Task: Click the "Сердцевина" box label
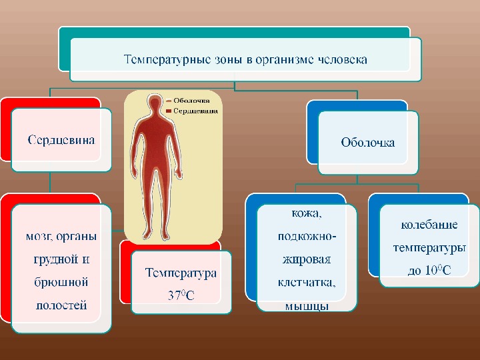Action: click(x=61, y=139)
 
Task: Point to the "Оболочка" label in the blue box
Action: click(x=367, y=142)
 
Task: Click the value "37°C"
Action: click(x=181, y=294)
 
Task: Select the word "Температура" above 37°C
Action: click(x=181, y=273)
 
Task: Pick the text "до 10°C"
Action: click(x=429, y=271)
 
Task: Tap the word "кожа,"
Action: click(x=307, y=214)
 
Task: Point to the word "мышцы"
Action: click(x=307, y=306)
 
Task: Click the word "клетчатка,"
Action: click(x=307, y=282)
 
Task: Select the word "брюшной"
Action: click(x=61, y=282)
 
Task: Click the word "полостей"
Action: click(x=61, y=305)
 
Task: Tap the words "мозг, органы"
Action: click(x=61, y=236)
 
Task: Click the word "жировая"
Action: click(x=307, y=259)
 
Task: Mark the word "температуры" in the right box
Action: click(x=429, y=247)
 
